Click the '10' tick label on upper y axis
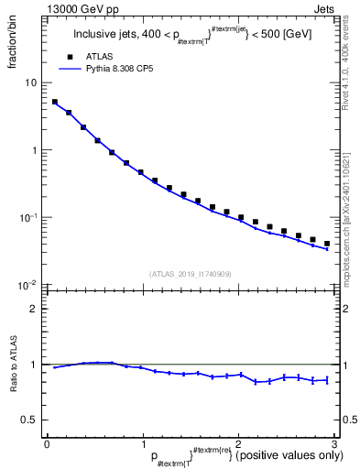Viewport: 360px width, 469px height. coord(30,82)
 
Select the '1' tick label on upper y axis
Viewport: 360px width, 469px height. coord(34,150)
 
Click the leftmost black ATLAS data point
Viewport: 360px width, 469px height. coord(55,103)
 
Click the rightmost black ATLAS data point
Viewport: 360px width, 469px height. coord(326,244)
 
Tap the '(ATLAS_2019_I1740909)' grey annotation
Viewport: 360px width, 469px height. coord(190,274)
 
